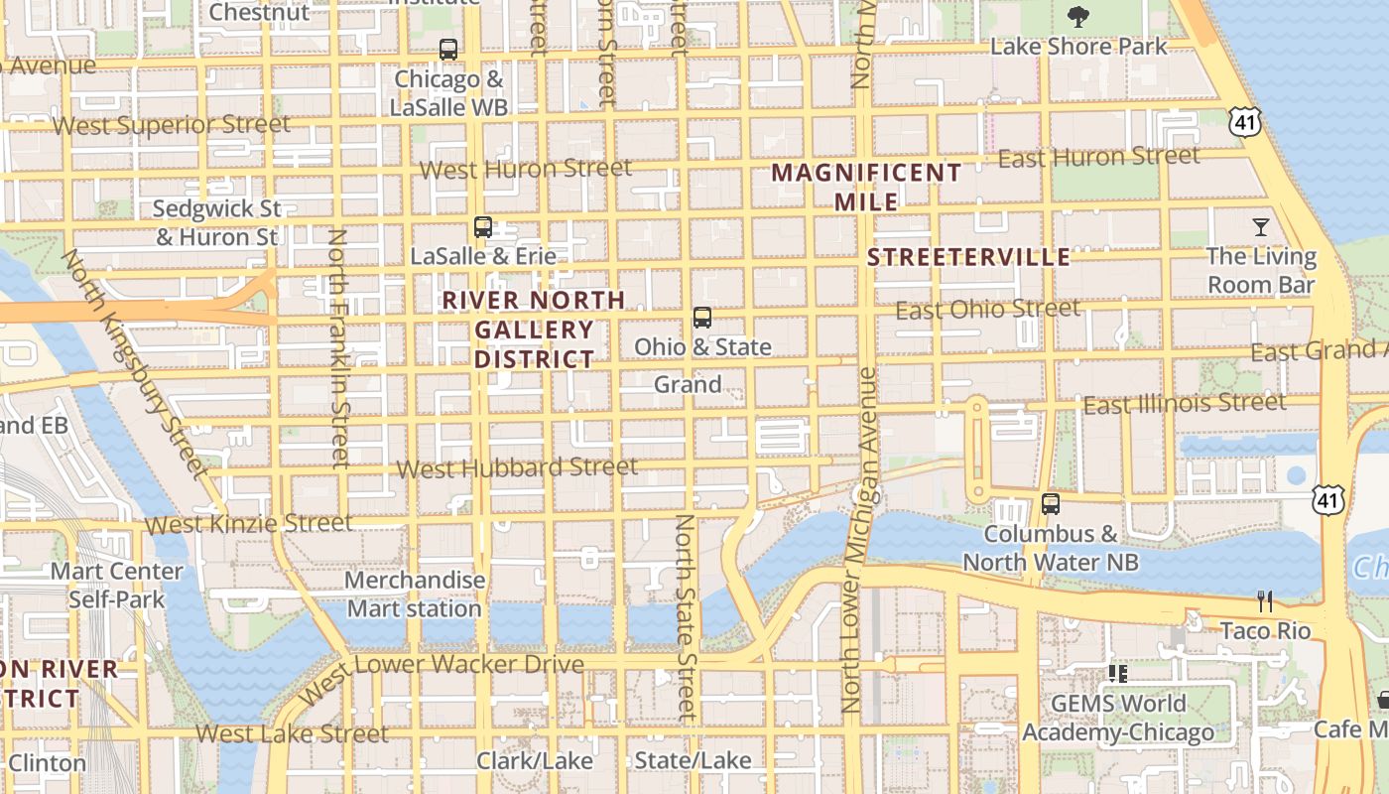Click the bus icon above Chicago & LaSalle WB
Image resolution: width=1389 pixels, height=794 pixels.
coord(448,49)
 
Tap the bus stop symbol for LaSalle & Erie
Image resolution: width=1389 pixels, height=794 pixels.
coord(483,227)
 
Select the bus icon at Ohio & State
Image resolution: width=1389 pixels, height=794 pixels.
coord(702,318)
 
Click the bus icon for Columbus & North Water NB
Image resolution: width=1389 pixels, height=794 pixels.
coord(1051,504)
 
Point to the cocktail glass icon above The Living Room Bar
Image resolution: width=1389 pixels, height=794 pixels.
coord(1261,227)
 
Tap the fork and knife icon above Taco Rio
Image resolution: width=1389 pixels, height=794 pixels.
coord(1265,601)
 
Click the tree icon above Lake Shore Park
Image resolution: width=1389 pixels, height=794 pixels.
coord(1077,17)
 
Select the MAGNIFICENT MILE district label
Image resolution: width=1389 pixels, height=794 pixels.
coord(866,187)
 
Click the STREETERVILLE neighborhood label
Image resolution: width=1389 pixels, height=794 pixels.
coord(968,258)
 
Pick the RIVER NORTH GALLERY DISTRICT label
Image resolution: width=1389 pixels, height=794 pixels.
coord(534,330)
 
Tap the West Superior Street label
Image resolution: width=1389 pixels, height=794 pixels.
coord(172,125)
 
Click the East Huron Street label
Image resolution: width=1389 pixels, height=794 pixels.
coord(1098,157)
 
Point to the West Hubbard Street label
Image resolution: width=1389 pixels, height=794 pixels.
coord(517,467)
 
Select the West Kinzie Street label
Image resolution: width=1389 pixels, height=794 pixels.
coord(248,523)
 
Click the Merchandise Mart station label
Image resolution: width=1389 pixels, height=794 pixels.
coord(415,594)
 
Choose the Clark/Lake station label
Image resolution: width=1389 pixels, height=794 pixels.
coord(535,761)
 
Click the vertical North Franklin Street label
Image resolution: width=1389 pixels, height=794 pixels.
coord(338,347)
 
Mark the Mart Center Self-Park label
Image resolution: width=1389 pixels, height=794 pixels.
coord(117,585)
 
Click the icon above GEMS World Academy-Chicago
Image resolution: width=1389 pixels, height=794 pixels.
coord(1118,674)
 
